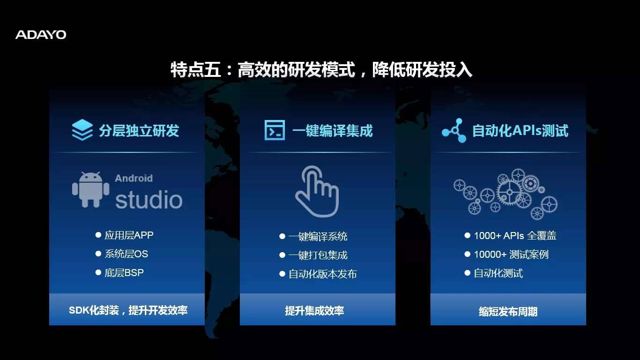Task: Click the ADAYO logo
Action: pyautogui.click(x=41, y=35)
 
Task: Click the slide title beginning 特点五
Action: pyautogui.click(x=321, y=70)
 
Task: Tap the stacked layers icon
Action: pyautogui.click(x=82, y=130)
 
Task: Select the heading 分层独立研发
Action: pyautogui.click(x=139, y=131)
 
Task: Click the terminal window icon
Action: pyautogui.click(x=275, y=130)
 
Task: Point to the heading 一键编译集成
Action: pyautogui.click(x=333, y=131)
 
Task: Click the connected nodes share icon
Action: pyautogui.click(x=454, y=130)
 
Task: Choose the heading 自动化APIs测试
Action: pyautogui.click(x=520, y=131)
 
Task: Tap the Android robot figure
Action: pyautogui.click(x=90, y=189)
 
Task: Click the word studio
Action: pyautogui.click(x=149, y=199)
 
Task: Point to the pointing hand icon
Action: pyautogui.click(x=317, y=191)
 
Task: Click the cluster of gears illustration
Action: pyautogui.click(x=506, y=194)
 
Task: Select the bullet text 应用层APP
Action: pyautogui.click(x=129, y=235)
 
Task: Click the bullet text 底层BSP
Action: pyautogui.click(x=124, y=273)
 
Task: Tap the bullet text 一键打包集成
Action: pyautogui.click(x=318, y=255)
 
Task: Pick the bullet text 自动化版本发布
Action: pyautogui.click(x=323, y=274)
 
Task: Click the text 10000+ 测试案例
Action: pyautogui.click(x=511, y=254)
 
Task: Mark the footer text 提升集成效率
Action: pyautogui.click(x=314, y=310)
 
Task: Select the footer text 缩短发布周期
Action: pyautogui.click(x=508, y=311)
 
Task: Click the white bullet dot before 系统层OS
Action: pyautogui.click(x=98, y=254)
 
